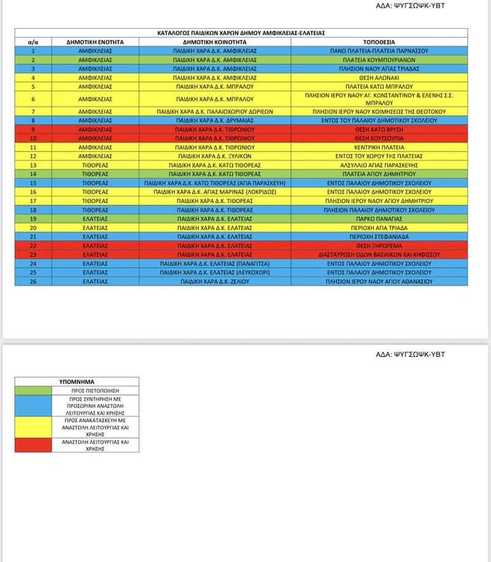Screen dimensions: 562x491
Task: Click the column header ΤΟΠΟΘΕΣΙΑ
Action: (x=379, y=42)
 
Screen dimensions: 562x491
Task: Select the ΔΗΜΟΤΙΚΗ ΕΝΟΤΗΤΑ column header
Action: (x=95, y=42)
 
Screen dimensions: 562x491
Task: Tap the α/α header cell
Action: (x=33, y=42)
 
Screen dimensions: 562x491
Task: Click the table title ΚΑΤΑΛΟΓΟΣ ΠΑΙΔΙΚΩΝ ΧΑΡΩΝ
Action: (x=241, y=33)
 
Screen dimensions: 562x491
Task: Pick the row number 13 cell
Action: (x=33, y=165)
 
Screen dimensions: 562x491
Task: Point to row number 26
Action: (x=33, y=281)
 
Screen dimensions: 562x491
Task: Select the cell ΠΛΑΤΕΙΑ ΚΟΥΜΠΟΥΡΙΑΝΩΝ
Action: (x=379, y=60)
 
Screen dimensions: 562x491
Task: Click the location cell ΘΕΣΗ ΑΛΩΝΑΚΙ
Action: (x=379, y=78)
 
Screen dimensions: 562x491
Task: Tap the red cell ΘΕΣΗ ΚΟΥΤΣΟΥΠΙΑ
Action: (x=379, y=139)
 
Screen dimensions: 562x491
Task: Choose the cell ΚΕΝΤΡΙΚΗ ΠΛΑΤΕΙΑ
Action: (x=379, y=148)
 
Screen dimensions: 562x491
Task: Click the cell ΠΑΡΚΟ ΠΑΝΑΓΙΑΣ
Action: (x=379, y=218)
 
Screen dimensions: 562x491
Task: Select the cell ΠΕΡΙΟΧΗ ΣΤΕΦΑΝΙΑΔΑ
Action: (x=379, y=236)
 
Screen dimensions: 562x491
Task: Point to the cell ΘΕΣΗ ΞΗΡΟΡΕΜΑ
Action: (x=379, y=245)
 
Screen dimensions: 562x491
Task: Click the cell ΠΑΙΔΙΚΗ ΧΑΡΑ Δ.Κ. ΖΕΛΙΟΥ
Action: (x=215, y=281)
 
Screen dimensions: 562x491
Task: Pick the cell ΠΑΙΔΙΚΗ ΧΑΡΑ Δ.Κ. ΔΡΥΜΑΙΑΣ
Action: (x=215, y=121)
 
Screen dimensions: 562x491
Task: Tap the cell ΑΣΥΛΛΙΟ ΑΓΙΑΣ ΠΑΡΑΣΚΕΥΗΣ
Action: (x=379, y=165)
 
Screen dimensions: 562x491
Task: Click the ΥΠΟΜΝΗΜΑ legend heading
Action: (x=77, y=381)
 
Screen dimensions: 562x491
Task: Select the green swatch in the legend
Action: (x=33, y=390)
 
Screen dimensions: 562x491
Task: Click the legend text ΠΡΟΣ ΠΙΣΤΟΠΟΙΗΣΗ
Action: (x=95, y=390)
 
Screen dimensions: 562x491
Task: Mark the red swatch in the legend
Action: (x=33, y=445)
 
